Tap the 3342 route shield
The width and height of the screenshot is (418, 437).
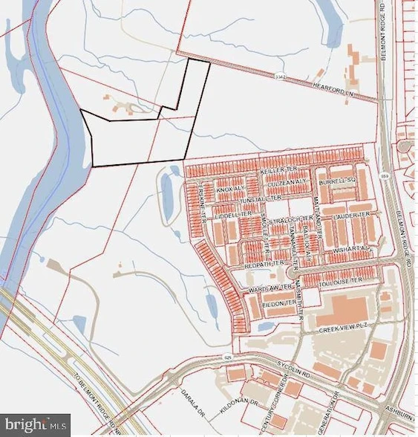279,76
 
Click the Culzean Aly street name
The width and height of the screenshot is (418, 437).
279,181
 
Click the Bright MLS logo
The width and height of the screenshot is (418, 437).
36,425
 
